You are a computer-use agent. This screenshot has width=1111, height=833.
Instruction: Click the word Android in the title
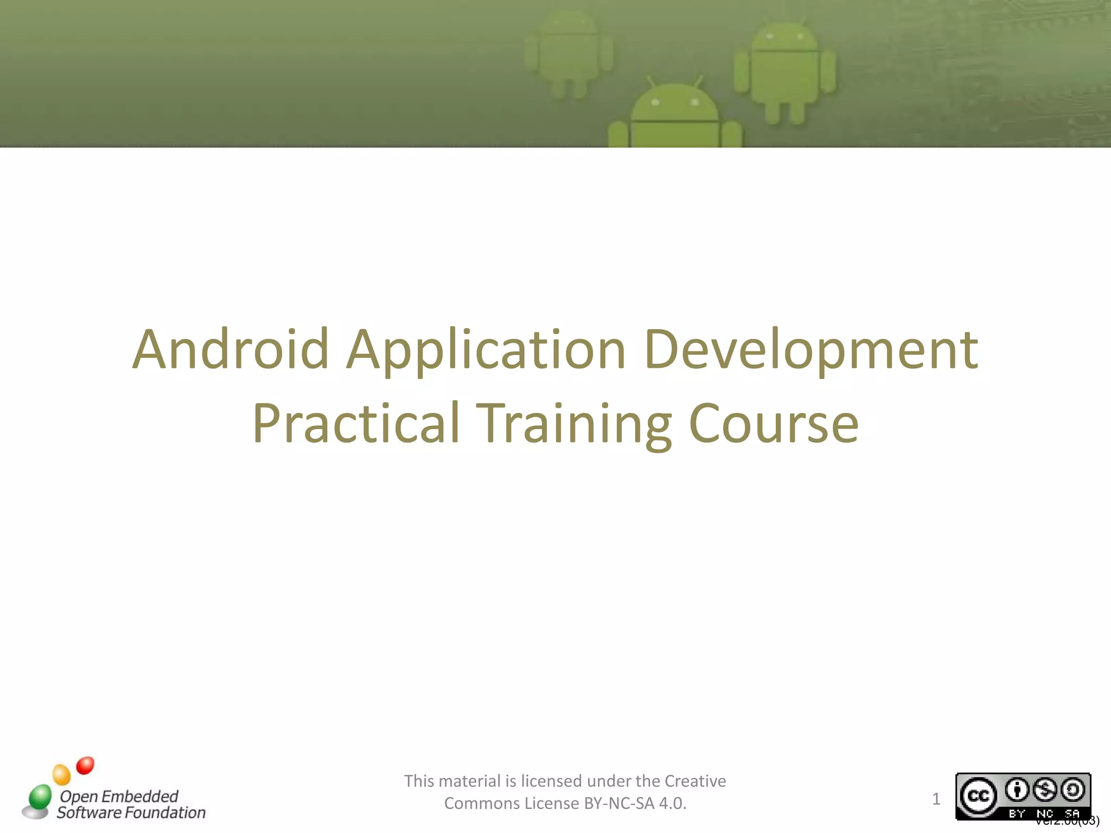pos(231,350)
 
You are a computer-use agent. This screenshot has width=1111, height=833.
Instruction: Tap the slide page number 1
pos(936,799)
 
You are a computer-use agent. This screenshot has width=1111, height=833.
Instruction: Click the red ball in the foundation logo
pos(85,766)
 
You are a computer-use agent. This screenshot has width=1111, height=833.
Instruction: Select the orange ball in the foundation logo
pos(62,775)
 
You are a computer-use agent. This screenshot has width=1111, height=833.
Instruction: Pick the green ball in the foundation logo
pos(40,797)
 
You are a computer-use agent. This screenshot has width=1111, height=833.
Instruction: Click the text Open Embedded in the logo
pos(119,796)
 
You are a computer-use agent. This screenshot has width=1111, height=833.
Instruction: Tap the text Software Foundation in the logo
pos(131,813)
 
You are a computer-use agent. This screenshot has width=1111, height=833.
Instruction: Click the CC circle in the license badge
pos(979,796)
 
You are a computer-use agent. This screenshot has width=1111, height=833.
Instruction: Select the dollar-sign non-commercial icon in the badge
pos(1045,790)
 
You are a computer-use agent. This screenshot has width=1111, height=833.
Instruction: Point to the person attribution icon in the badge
pos(1018,790)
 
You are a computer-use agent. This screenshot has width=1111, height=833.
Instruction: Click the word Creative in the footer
pos(695,781)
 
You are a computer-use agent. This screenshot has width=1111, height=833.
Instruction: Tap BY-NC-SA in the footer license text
pos(619,803)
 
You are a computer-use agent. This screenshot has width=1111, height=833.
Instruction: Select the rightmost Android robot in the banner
pos(784,71)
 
